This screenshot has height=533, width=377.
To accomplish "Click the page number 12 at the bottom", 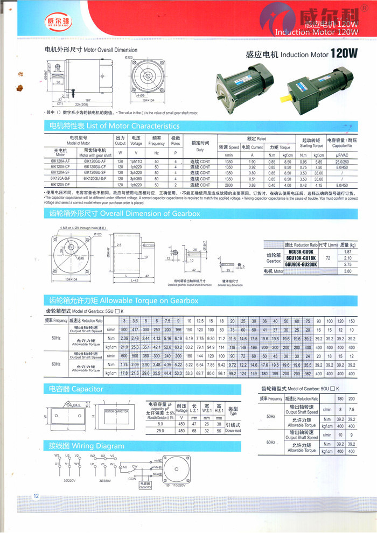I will coord(36,496).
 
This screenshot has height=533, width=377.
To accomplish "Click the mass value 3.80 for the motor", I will coord(347,271).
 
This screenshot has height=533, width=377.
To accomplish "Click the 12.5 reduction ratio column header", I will coord(200,320).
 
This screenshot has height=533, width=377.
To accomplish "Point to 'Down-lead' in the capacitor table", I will coord(233,431).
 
